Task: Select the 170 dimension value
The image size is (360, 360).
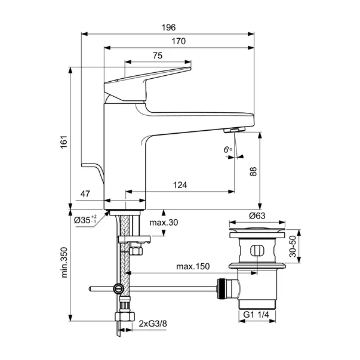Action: tap(178, 42)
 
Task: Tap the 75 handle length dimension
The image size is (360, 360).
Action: tap(157, 56)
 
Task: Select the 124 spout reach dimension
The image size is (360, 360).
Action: tap(180, 185)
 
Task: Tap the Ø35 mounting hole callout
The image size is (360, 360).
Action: tap(85, 220)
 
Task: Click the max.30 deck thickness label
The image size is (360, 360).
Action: tap(164, 223)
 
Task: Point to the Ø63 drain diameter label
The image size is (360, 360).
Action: tap(257, 215)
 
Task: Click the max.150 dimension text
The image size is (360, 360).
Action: tap(193, 266)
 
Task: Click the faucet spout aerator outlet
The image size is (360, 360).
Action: tap(234, 130)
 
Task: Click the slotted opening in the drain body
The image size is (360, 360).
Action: tap(257, 251)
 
